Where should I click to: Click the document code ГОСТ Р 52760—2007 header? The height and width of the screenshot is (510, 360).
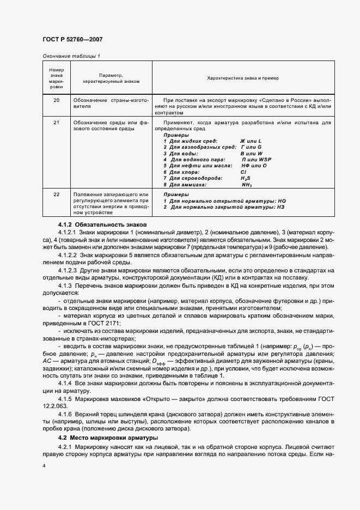point(72,39)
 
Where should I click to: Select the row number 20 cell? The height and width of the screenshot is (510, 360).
point(57,101)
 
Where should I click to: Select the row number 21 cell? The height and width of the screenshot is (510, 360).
point(57,123)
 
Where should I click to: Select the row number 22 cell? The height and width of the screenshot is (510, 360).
point(57,195)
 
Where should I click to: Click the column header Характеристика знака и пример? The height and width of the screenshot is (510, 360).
point(243,78)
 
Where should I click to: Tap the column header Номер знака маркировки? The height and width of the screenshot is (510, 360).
point(57,78)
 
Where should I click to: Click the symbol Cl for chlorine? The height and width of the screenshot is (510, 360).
point(243,172)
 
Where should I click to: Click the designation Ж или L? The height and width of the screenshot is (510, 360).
point(251,141)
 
